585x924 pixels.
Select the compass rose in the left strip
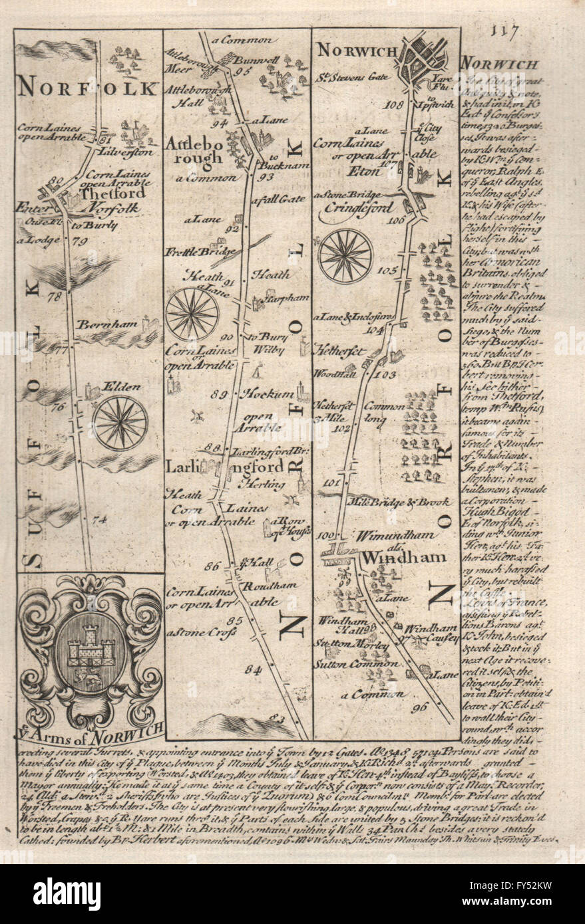pos(120,422)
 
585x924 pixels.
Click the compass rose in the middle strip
pos(192,314)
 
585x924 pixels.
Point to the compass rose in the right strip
pos(345,255)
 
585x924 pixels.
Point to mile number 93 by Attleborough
pos(267,177)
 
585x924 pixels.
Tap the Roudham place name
pos(261,587)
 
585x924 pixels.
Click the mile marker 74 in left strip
pos(100,520)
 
